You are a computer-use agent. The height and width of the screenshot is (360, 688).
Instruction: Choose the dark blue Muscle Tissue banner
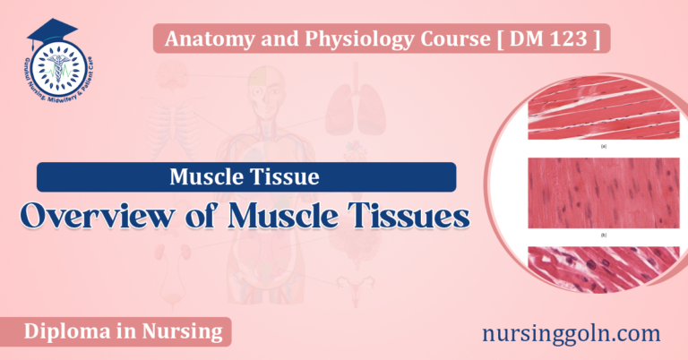[x=245, y=176]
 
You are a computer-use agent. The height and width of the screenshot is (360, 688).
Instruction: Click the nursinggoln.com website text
[x=570, y=334]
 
